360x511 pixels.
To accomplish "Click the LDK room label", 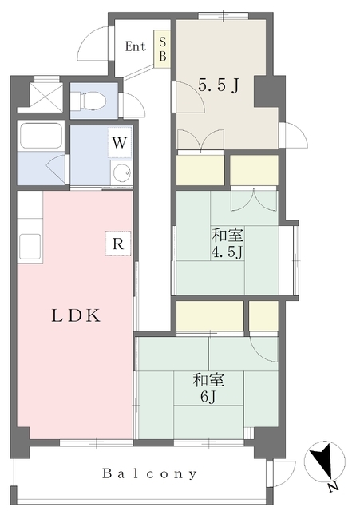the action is (x=76, y=316).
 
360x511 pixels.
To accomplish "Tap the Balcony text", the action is (x=150, y=473).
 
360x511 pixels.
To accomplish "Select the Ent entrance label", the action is (x=135, y=46).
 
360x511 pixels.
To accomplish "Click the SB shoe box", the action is (x=162, y=50).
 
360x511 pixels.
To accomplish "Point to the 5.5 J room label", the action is (x=219, y=85).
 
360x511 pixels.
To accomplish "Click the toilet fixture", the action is (x=89, y=100).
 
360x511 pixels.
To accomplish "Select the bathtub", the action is (x=41, y=136).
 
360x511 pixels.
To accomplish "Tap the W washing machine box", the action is (x=119, y=142).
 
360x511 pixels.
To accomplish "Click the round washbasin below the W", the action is (x=121, y=172).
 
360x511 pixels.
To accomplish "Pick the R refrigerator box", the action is (x=118, y=244).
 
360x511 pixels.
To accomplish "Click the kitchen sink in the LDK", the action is (x=30, y=247).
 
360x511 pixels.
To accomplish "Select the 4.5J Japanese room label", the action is (x=227, y=243).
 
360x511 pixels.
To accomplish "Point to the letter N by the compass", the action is (x=333, y=487).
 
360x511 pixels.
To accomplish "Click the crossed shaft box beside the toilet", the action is (x=45, y=95).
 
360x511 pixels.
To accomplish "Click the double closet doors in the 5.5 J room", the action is (x=200, y=140).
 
